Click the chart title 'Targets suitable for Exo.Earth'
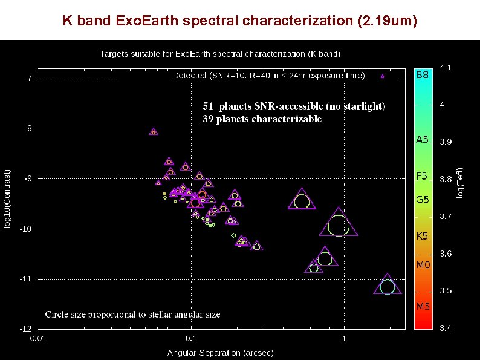[220, 53]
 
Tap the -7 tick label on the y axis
[28, 79]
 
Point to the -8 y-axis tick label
[28, 129]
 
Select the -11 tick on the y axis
[27, 279]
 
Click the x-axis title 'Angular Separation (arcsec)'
[212, 352]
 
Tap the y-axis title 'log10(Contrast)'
[8, 198]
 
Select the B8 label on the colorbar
[423, 76]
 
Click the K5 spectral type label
[422, 236]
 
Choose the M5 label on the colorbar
[423, 306]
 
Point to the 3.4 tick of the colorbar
[445, 329]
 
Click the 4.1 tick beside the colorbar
[445, 67]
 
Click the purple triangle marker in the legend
[382, 76]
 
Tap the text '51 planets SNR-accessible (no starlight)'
[294, 106]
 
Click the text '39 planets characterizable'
[262, 119]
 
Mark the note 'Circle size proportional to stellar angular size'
[132, 315]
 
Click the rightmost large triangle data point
[388, 287]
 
